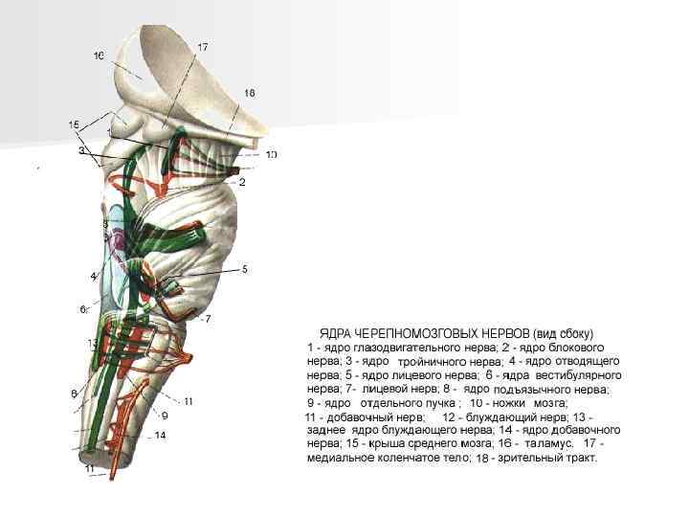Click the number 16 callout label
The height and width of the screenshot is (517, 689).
[100, 56]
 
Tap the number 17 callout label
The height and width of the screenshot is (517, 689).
[203, 46]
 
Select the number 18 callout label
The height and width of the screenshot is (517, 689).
[249, 93]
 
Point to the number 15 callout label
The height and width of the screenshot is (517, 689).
[74, 124]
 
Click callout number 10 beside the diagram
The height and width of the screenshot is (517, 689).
[272, 154]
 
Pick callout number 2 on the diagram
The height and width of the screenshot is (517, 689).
[242, 181]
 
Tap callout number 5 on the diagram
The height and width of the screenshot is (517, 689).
[245, 269]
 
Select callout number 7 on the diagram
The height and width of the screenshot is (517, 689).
[209, 317]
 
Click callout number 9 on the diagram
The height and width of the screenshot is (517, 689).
[165, 416]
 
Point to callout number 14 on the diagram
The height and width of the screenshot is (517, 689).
[160, 436]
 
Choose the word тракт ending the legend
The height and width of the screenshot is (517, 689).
[578, 460]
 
